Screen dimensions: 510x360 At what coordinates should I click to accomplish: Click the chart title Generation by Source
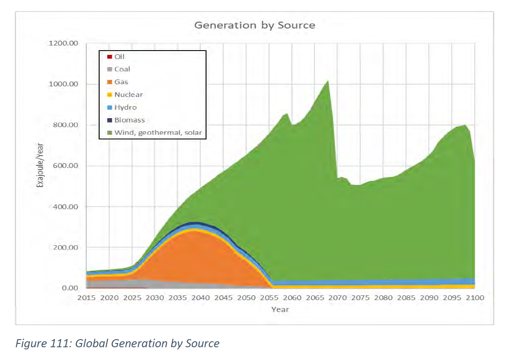point(255,26)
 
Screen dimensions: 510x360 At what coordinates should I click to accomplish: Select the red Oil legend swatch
point(110,57)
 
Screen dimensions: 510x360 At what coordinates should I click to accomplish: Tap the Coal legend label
point(123,69)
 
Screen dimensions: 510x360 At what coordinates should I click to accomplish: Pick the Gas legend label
point(121,82)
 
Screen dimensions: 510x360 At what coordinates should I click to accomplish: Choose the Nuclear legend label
point(129,94)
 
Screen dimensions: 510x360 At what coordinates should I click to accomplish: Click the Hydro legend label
point(125,108)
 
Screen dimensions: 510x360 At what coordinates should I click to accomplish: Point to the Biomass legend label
point(130,120)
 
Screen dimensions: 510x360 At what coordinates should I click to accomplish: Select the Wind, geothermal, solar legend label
point(158,133)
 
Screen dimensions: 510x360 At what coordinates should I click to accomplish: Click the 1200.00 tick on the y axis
point(63,43)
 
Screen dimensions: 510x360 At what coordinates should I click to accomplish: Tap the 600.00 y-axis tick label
point(66,166)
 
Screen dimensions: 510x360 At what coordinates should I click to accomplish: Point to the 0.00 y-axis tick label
point(70,288)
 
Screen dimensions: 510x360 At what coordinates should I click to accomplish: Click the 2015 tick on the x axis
point(86,298)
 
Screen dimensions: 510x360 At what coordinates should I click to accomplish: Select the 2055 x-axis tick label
point(269,298)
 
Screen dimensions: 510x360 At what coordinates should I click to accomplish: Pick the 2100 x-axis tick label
point(475,298)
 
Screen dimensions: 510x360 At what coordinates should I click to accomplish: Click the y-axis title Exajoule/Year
point(40,165)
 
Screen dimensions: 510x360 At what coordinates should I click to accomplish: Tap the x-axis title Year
point(280,310)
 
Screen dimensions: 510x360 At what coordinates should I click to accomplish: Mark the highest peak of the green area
point(328,81)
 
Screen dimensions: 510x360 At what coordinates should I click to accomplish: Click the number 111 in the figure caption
point(61,343)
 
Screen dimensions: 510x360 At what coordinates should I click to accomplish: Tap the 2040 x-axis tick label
point(200,298)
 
